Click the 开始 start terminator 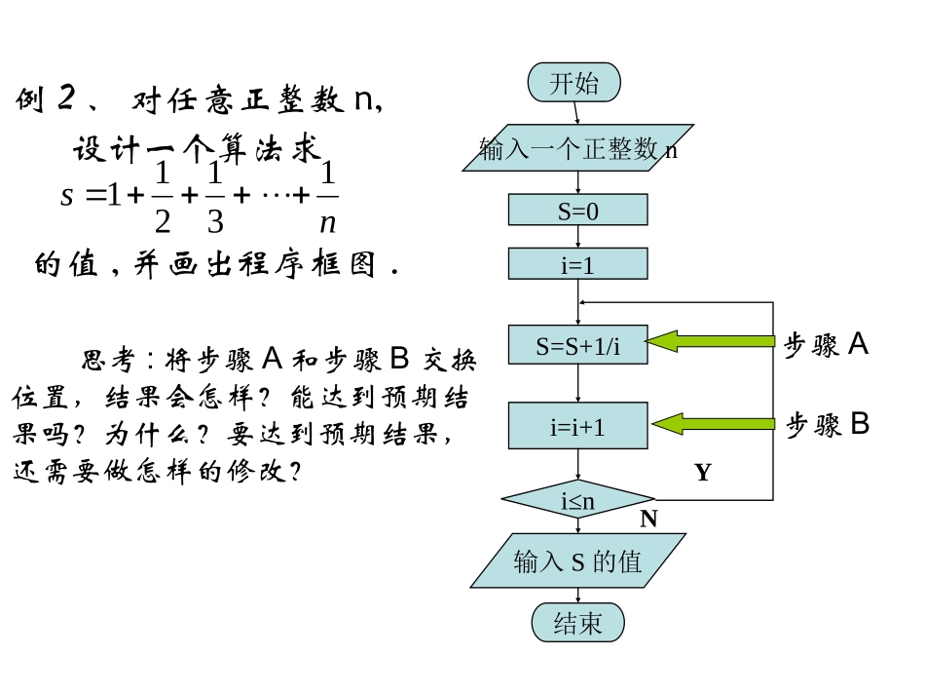(574, 83)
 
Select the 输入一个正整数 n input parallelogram (577, 148)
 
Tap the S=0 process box (577, 211)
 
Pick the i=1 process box (577, 264)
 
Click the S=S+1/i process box (577, 345)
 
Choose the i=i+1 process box (577, 426)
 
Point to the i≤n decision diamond (578, 501)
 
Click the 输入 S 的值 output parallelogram (577, 561)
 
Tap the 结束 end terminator (577, 623)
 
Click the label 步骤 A (826, 344)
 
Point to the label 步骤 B (828, 425)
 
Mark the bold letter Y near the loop (702, 473)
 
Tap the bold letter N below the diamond (648, 520)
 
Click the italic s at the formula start (66, 195)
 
